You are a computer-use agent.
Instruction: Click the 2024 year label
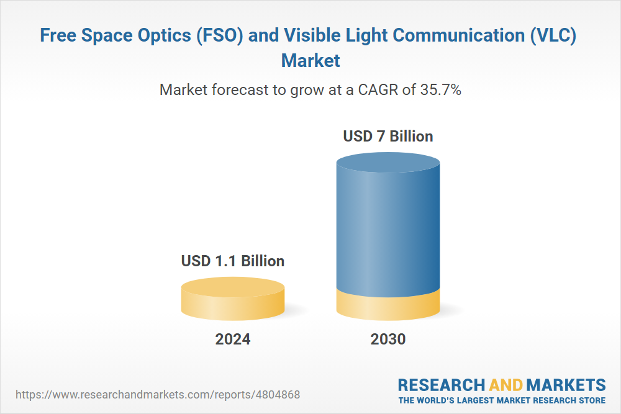tap(233, 340)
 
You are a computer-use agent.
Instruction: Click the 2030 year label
tap(388, 340)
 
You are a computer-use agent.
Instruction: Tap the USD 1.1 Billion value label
tap(233, 261)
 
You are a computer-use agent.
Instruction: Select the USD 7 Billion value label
tap(388, 136)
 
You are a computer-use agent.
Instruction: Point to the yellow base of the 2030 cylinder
tap(388, 305)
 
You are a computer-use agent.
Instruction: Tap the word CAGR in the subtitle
tap(378, 90)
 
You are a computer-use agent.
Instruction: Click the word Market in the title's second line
tap(310, 61)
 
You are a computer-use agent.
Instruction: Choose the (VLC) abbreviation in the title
tap(551, 35)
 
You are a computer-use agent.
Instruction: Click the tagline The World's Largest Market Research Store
tap(502, 400)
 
